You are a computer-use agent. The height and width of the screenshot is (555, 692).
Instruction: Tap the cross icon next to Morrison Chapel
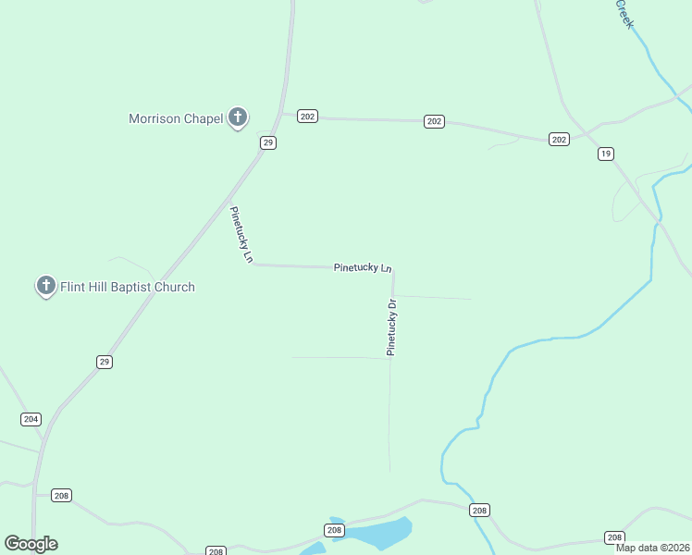pos(238,117)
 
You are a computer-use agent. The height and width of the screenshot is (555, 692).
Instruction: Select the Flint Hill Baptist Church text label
pos(128,287)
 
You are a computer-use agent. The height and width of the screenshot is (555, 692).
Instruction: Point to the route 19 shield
pos(605,154)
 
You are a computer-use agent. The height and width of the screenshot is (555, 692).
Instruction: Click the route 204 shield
pos(31,419)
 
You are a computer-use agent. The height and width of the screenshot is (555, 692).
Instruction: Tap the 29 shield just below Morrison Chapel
pos(267,142)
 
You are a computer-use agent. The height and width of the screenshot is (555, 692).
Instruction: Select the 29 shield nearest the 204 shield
pos(105,362)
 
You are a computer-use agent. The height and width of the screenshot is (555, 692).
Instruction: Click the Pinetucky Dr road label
pos(391,327)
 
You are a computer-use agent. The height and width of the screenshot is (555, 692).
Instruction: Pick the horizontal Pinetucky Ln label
pos(363,267)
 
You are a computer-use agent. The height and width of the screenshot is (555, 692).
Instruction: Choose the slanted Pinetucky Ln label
pos(241,235)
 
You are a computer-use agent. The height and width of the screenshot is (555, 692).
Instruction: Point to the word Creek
pos(624,13)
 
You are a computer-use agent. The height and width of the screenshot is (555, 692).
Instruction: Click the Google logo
pos(31,544)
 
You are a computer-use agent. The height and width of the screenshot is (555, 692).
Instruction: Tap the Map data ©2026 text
pos(652,547)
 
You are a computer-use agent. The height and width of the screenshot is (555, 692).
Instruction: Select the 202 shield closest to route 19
pos(559,139)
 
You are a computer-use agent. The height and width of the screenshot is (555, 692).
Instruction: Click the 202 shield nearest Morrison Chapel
pos(308,116)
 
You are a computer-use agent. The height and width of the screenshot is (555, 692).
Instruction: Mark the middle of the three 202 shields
pos(435,121)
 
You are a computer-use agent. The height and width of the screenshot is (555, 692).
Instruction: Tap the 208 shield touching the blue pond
pos(334,530)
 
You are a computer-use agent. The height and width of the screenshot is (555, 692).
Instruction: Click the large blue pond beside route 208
pos(379,534)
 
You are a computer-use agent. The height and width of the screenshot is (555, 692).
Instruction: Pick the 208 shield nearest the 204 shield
pos(61,495)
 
